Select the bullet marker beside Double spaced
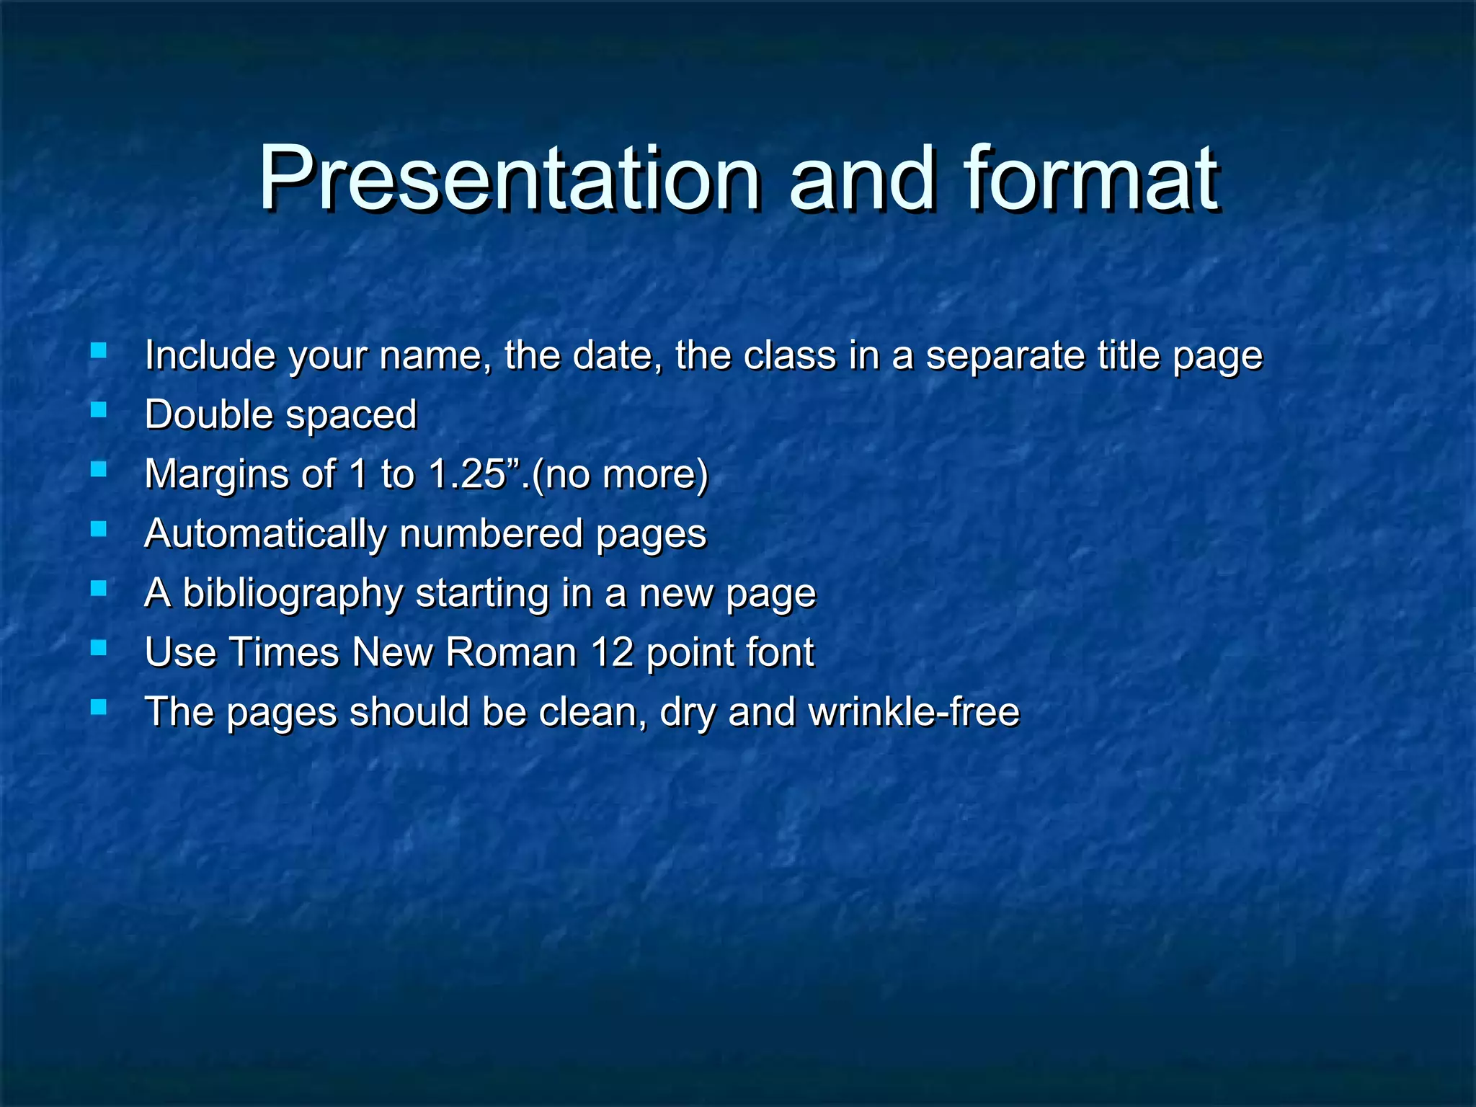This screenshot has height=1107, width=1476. pyautogui.click(x=99, y=411)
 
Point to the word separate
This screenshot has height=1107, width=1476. pyautogui.click(x=1005, y=357)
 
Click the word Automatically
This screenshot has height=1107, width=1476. pyautogui.click(x=266, y=535)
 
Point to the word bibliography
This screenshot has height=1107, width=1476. pyautogui.click(x=293, y=595)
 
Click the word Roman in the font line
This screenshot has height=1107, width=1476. pyautogui.click(x=511, y=653)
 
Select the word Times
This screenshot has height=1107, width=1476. pyautogui.click(x=285, y=653)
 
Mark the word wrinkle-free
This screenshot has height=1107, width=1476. pyautogui.click(x=914, y=712)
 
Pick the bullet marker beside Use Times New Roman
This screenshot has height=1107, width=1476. pyautogui.click(x=99, y=649)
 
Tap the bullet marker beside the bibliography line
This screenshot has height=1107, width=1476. pyautogui.click(x=99, y=589)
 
